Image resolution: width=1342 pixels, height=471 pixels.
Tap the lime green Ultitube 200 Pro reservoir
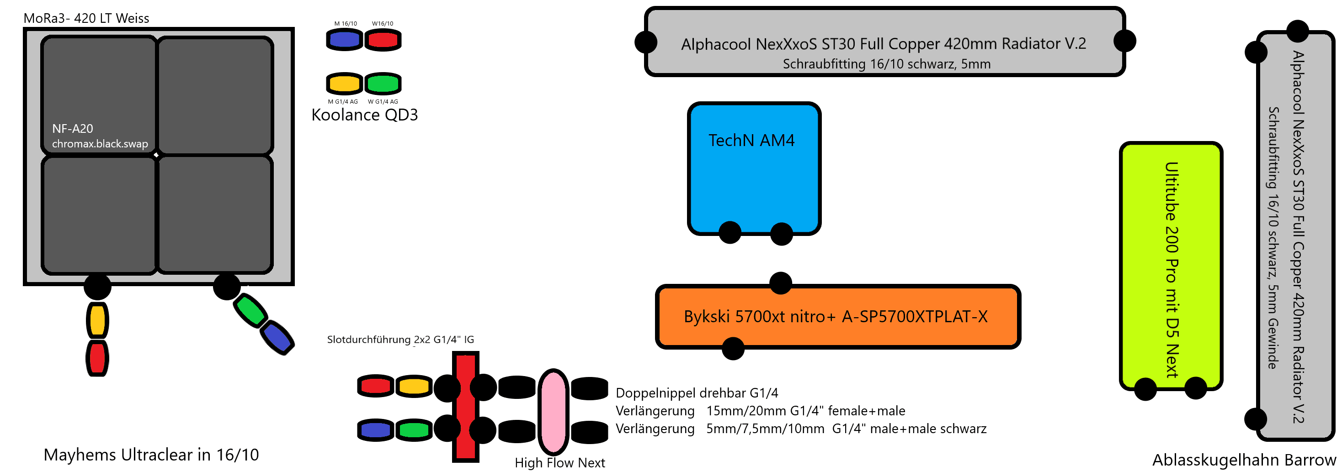click(x=1170, y=266)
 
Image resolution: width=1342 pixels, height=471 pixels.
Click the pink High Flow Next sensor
click(x=553, y=411)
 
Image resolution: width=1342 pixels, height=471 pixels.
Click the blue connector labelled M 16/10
click(x=344, y=40)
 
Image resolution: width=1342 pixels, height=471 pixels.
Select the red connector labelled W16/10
click(x=383, y=40)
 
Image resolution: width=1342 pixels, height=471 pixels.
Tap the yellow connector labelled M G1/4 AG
click(x=344, y=83)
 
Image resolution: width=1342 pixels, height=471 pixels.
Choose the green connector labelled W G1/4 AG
click(x=383, y=83)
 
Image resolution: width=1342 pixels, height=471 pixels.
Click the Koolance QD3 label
click(x=364, y=115)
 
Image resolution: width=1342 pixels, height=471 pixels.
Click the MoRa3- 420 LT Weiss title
click(x=86, y=18)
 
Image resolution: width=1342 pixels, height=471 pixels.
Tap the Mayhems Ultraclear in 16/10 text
click(x=151, y=455)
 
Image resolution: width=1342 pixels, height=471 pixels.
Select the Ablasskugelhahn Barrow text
click(x=1244, y=460)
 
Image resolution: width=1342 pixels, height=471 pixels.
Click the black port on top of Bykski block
click(x=780, y=283)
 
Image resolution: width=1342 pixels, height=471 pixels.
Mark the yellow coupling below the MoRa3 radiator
click(x=97, y=320)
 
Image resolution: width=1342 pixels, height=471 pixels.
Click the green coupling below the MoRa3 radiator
click(x=250, y=311)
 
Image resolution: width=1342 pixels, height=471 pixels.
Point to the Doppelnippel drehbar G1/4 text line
click(x=697, y=393)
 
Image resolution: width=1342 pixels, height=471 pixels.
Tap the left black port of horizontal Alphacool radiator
click(x=646, y=42)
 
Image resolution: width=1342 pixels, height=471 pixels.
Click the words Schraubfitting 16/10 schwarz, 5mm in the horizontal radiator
click(x=886, y=64)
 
